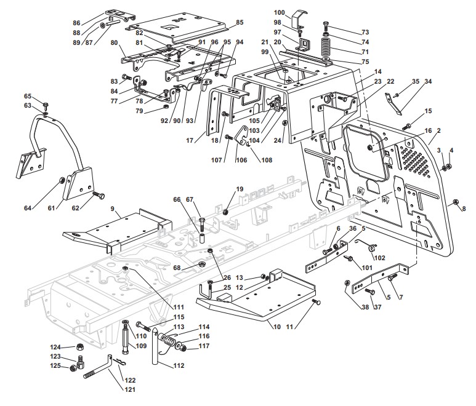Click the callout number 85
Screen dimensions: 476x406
240,22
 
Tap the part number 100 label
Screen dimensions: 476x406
280,12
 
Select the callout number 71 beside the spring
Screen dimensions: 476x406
365,52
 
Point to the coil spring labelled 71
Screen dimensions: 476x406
326,46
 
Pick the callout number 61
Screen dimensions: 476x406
52,208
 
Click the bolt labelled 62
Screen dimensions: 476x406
99,194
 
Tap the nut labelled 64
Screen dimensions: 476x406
61,181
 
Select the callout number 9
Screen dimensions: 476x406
112,209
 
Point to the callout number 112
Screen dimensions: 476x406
179,365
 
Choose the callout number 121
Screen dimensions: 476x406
130,389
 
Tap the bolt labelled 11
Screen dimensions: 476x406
317,302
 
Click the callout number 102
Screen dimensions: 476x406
379,258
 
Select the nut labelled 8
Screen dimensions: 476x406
455,202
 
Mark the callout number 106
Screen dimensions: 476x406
241,160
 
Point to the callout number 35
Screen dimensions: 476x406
416,81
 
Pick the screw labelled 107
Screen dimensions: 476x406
228,138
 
